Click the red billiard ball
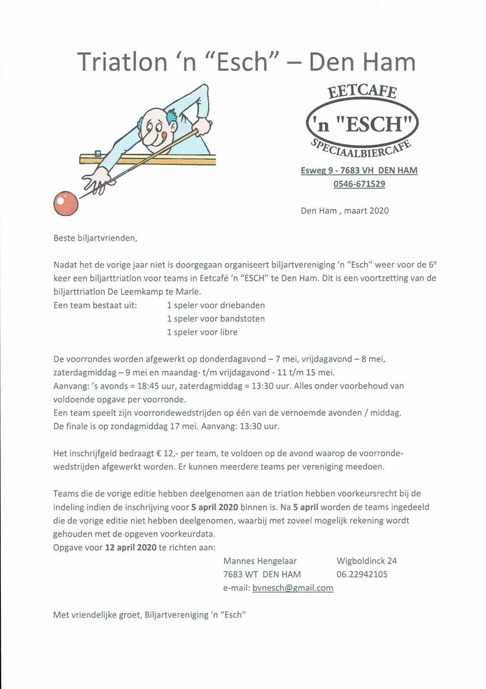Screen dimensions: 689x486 click(66, 203)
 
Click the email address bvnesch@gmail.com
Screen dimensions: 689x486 click(293, 588)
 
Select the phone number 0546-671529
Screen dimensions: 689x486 click(359, 184)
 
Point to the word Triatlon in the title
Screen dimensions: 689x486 click(123, 62)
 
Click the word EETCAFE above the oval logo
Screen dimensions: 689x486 click(362, 91)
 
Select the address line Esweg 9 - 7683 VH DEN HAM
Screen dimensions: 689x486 click(359, 170)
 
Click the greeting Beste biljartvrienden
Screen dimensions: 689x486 click(95, 238)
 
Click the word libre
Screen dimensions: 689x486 click(228, 332)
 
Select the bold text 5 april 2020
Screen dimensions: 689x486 click(215, 507)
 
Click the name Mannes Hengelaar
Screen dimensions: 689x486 click(260, 561)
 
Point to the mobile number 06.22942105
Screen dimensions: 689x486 click(362, 574)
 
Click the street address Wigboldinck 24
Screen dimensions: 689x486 click(367, 561)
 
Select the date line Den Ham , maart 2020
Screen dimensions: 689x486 click(345, 211)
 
